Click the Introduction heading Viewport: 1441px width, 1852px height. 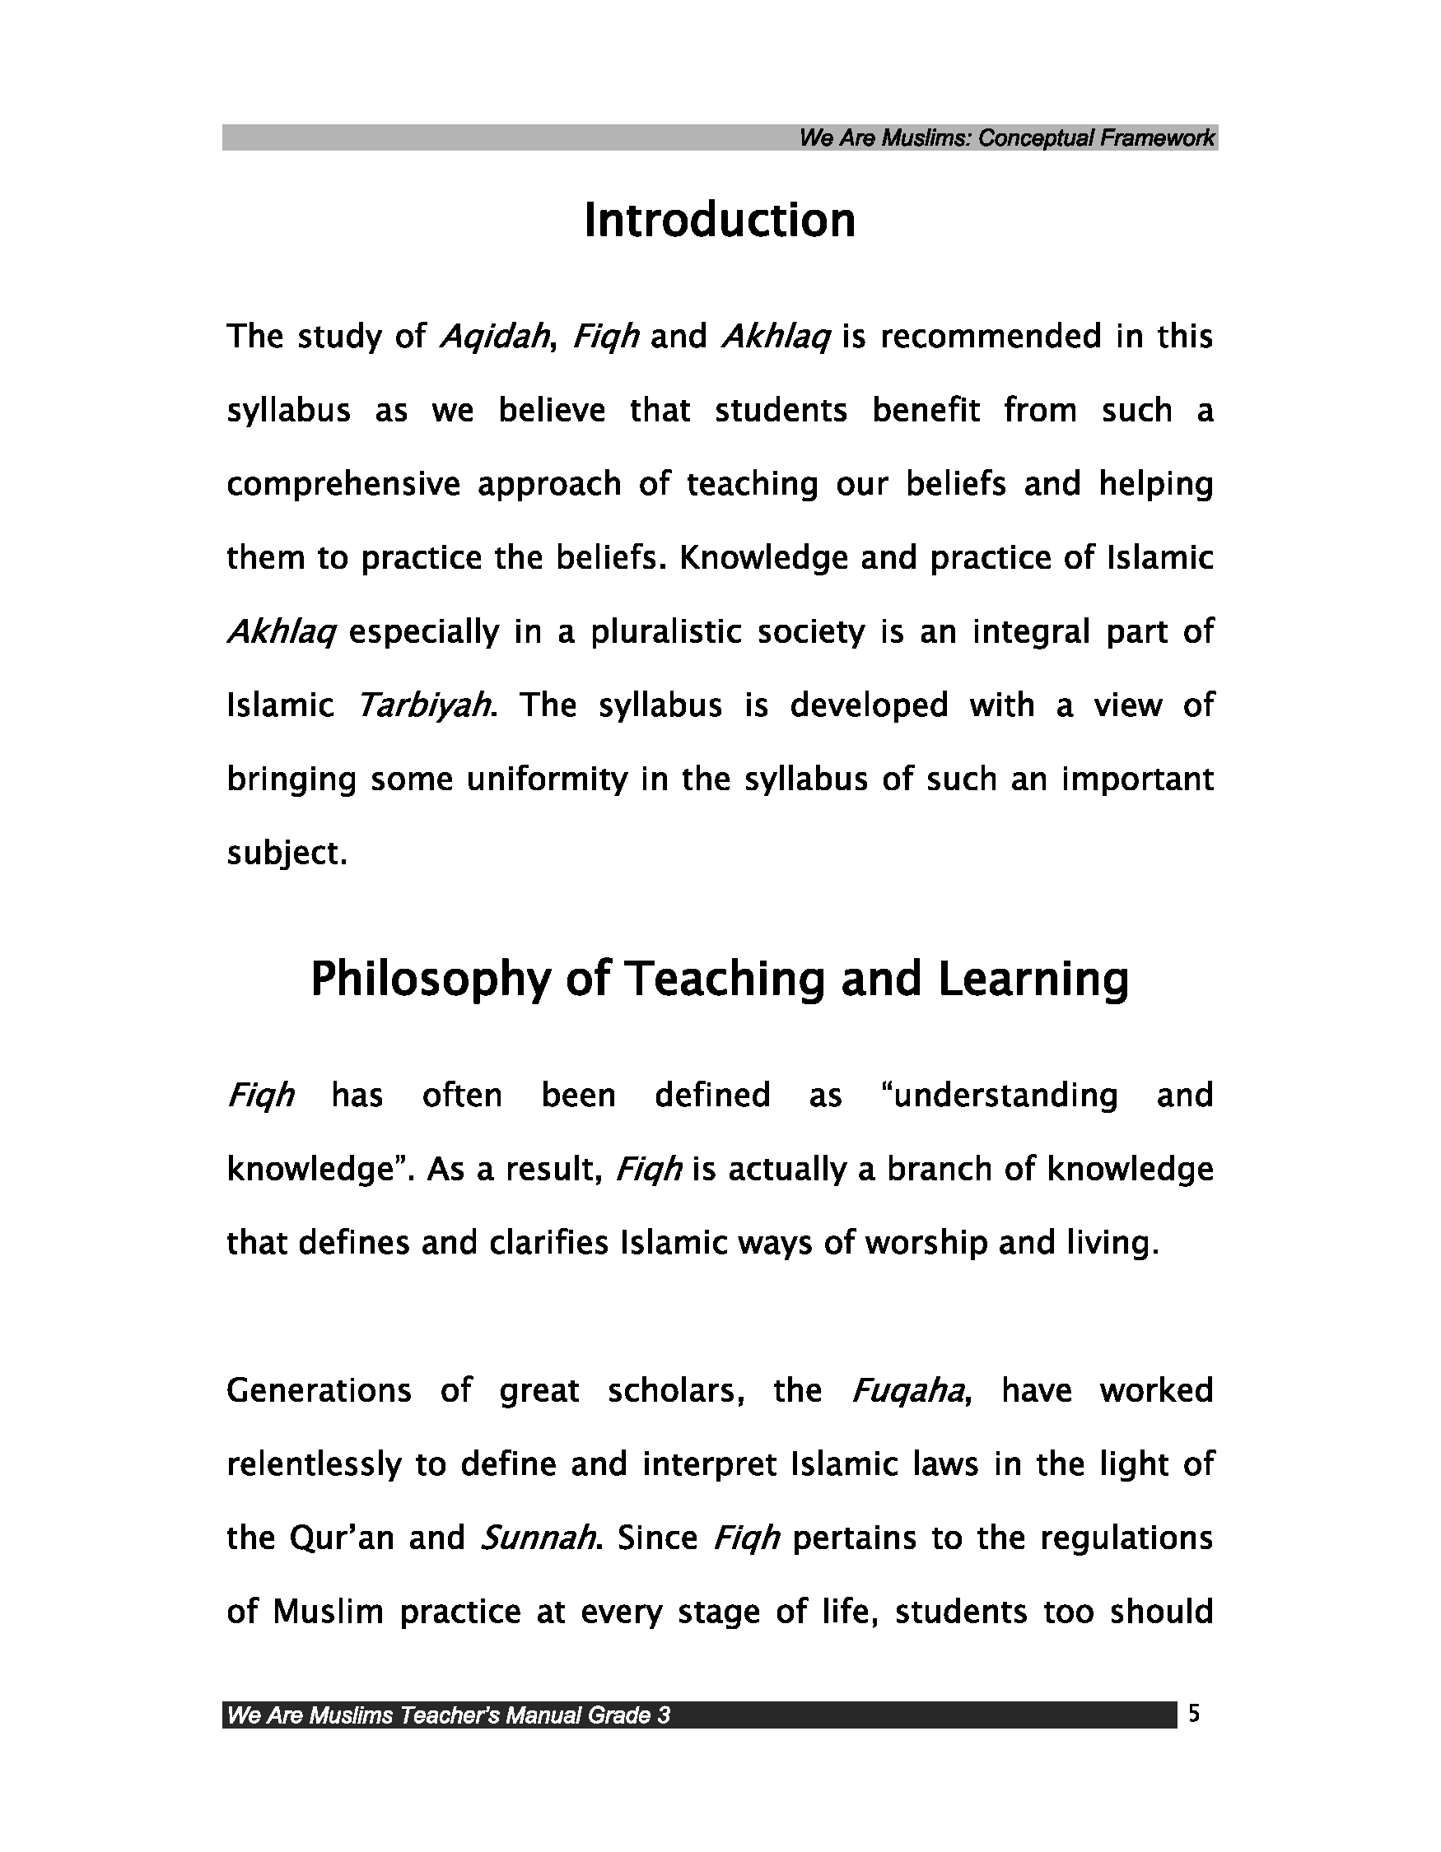(719, 221)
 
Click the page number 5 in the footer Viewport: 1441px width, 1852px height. (1194, 1714)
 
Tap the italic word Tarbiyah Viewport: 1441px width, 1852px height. (424, 705)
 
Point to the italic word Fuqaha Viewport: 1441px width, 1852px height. (907, 1392)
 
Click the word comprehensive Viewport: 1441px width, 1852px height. (343, 484)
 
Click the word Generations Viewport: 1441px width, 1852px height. (319, 1392)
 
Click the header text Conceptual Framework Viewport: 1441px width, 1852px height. (1096, 138)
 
